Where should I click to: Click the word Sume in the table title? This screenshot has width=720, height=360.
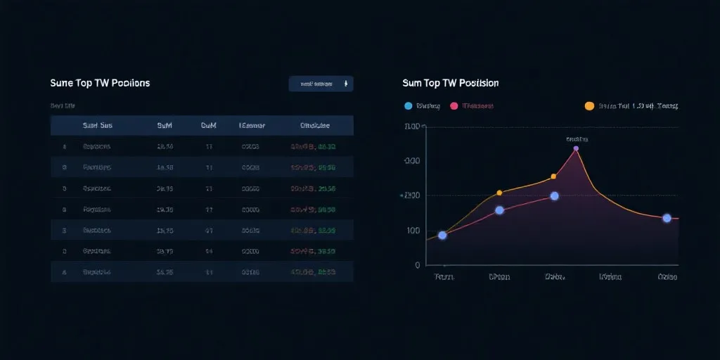coord(62,83)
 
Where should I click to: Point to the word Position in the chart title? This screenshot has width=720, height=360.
coord(479,83)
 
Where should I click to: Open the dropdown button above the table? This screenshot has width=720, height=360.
coord(321,84)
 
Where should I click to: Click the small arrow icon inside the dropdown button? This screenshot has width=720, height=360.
coord(345,84)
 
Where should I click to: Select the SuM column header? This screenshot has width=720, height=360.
coord(165,126)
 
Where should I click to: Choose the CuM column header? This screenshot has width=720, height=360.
coord(209,126)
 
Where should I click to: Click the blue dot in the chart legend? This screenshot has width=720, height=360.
coord(408,106)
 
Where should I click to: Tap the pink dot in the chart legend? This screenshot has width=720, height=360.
coord(454,106)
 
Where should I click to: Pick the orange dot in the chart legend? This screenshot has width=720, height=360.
coord(589,106)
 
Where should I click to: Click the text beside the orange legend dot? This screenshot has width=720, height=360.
coord(637,106)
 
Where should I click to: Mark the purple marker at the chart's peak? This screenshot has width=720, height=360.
coord(576,148)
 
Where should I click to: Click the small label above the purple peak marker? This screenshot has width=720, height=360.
coord(577,139)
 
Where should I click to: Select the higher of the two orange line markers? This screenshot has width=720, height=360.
coord(553,176)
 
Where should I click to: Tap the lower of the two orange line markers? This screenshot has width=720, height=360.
coord(499,193)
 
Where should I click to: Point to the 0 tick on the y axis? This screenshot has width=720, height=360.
coord(417,265)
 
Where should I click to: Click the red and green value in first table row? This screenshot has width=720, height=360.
coord(313,147)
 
